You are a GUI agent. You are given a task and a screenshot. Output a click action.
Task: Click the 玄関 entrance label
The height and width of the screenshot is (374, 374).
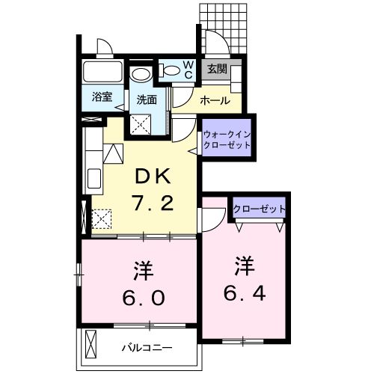click(x=217, y=69)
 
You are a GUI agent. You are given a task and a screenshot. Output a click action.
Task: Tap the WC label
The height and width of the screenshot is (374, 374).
click(x=188, y=70)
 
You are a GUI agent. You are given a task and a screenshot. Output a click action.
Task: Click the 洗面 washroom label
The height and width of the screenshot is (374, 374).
click(x=146, y=99)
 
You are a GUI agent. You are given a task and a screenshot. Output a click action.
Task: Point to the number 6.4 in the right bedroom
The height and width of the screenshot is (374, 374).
click(x=244, y=289)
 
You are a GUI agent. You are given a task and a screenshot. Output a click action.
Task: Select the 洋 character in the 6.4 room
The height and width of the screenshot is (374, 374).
click(x=243, y=266)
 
